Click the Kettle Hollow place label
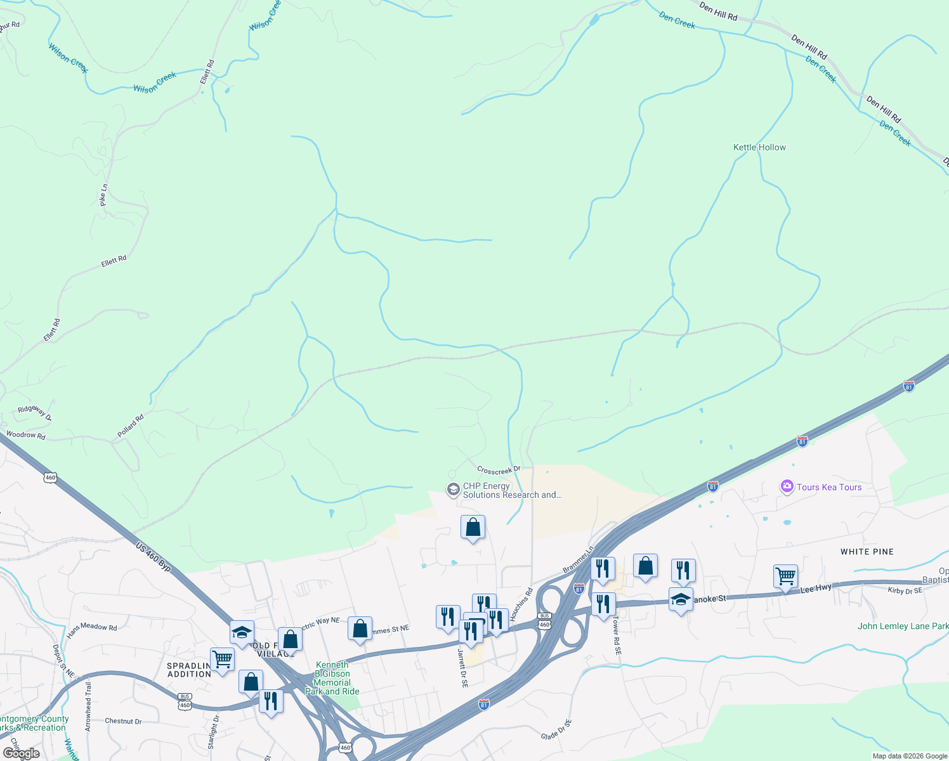tap(759, 147)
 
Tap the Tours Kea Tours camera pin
tap(787, 486)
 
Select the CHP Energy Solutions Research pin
tap(453, 490)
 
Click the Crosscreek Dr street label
tap(499, 470)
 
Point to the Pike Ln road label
tap(104, 195)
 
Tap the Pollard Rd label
tap(131, 426)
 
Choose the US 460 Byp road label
tap(154, 557)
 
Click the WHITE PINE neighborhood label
tap(867, 552)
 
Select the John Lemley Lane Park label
tap(903, 626)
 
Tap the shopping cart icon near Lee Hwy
tap(785, 576)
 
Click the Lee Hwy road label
tap(816, 589)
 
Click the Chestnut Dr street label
tap(123, 721)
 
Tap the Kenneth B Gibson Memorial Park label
tap(332, 678)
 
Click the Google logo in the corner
tap(20, 753)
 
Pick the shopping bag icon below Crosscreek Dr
tap(473, 527)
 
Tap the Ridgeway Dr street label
tap(34, 412)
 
